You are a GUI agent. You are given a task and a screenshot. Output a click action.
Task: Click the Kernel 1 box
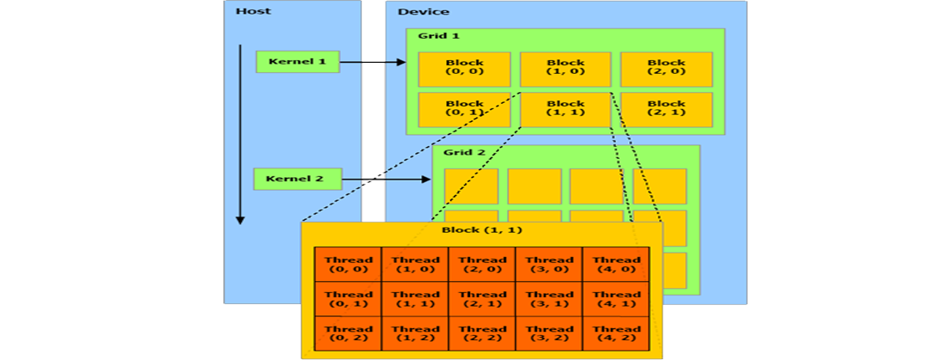[x=297, y=62]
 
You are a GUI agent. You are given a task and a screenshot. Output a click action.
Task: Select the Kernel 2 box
[x=297, y=179]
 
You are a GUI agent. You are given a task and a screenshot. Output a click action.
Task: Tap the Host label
[x=253, y=11]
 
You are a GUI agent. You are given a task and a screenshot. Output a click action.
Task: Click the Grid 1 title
[x=438, y=35]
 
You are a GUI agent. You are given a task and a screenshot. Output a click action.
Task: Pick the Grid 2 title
[x=464, y=152]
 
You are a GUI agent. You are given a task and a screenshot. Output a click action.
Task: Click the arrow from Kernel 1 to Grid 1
[x=373, y=62]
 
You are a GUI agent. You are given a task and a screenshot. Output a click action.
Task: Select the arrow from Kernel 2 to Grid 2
[x=387, y=179]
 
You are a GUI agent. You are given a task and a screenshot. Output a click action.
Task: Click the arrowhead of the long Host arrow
[x=240, y=219]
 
